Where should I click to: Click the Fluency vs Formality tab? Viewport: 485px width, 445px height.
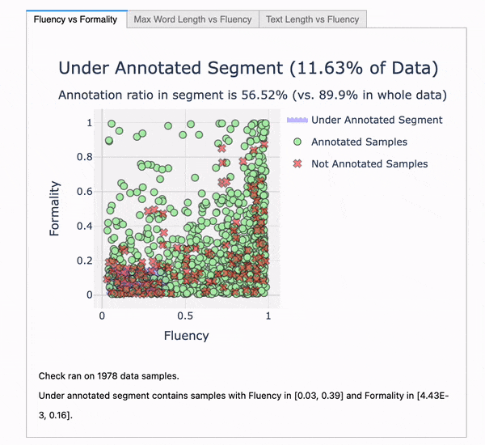pos(76,19)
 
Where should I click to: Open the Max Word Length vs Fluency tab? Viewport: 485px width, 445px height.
pos(192,19)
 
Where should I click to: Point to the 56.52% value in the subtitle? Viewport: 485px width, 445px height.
pos(258,95)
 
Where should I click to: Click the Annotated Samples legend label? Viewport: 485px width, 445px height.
pos(359,142)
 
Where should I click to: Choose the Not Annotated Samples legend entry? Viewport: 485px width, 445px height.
pos(369,163)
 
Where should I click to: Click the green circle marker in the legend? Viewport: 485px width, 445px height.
pos(297,142)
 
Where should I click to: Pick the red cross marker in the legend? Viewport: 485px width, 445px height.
pos(297,163)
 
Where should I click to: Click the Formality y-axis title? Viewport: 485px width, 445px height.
pos(55,209)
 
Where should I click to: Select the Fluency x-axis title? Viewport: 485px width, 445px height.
pos(187,335)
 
